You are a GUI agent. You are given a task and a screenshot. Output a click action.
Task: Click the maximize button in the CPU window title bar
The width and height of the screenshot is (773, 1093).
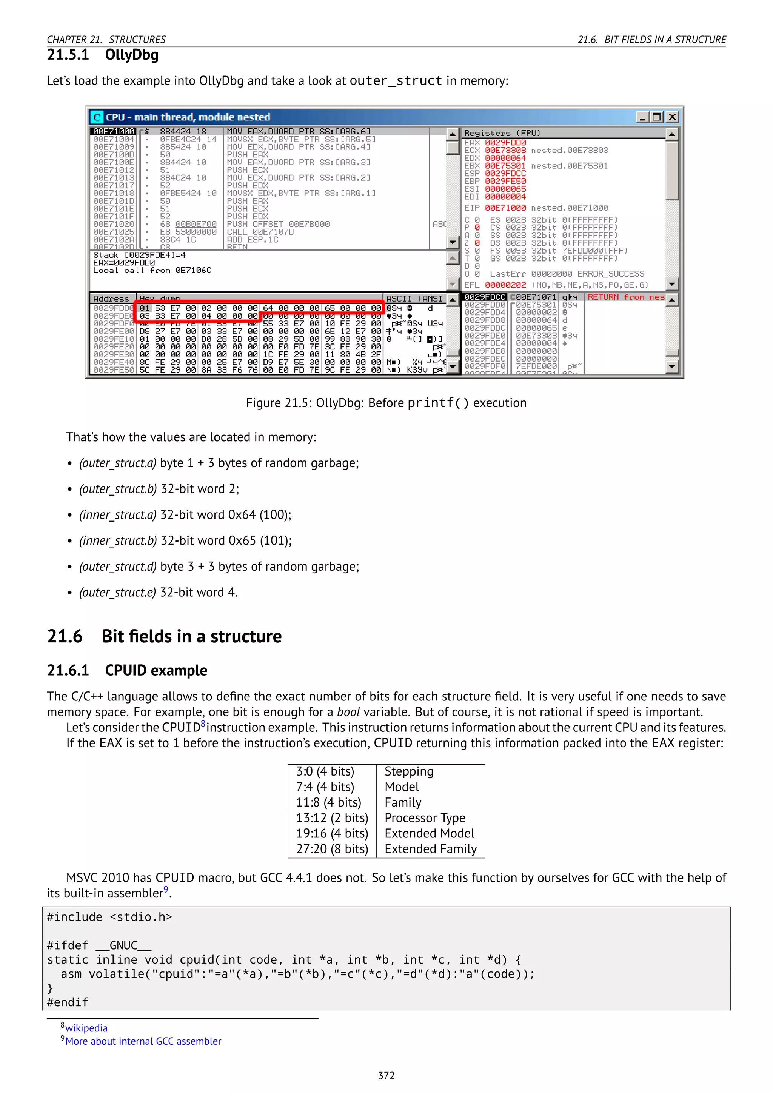coord(657,117)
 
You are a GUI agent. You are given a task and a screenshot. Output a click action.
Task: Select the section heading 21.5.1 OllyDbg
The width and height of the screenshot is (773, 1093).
coord(102,55)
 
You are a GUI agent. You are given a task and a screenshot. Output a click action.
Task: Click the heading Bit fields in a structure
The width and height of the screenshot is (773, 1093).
coord(191,636)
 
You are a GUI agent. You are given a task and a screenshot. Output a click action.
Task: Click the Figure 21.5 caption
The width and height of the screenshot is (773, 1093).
coord(386,403)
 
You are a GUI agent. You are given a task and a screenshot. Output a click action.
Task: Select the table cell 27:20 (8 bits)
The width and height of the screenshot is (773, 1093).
coord(332,849)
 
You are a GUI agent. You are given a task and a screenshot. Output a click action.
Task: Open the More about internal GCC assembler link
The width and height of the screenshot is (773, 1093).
coord(143,1041)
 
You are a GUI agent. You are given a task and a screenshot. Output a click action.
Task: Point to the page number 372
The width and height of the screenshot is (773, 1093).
coord(386,1075)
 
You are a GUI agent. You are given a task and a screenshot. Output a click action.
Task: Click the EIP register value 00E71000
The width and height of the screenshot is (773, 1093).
coord(505,208)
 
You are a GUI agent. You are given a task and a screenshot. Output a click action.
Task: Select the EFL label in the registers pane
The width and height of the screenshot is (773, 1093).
coord(471,285)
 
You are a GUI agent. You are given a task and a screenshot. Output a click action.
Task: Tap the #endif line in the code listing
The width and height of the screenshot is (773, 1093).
coord(68,1002)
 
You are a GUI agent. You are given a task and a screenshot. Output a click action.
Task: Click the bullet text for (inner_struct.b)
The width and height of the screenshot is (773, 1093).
coord(185,541)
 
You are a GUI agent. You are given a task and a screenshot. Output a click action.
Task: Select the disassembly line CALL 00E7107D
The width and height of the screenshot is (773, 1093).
coord(260,232)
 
